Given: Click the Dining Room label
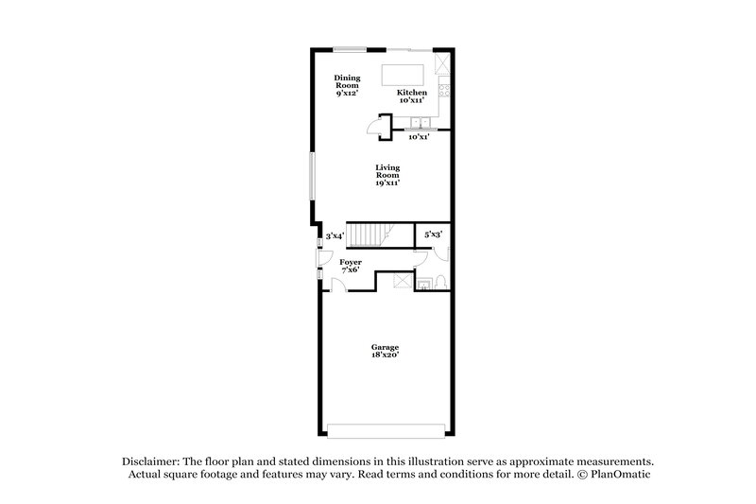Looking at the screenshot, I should [347, 86].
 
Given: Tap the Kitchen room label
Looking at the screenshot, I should [412, 96].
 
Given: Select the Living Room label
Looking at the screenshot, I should [387, 174].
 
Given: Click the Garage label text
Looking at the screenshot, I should [385, 351].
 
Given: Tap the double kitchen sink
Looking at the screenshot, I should [419, 123].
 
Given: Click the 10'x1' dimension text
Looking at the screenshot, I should [419, 137].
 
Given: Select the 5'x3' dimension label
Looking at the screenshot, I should [433, 234].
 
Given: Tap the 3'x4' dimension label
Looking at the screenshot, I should [335, 236].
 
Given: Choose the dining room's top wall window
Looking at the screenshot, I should [350, 48].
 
